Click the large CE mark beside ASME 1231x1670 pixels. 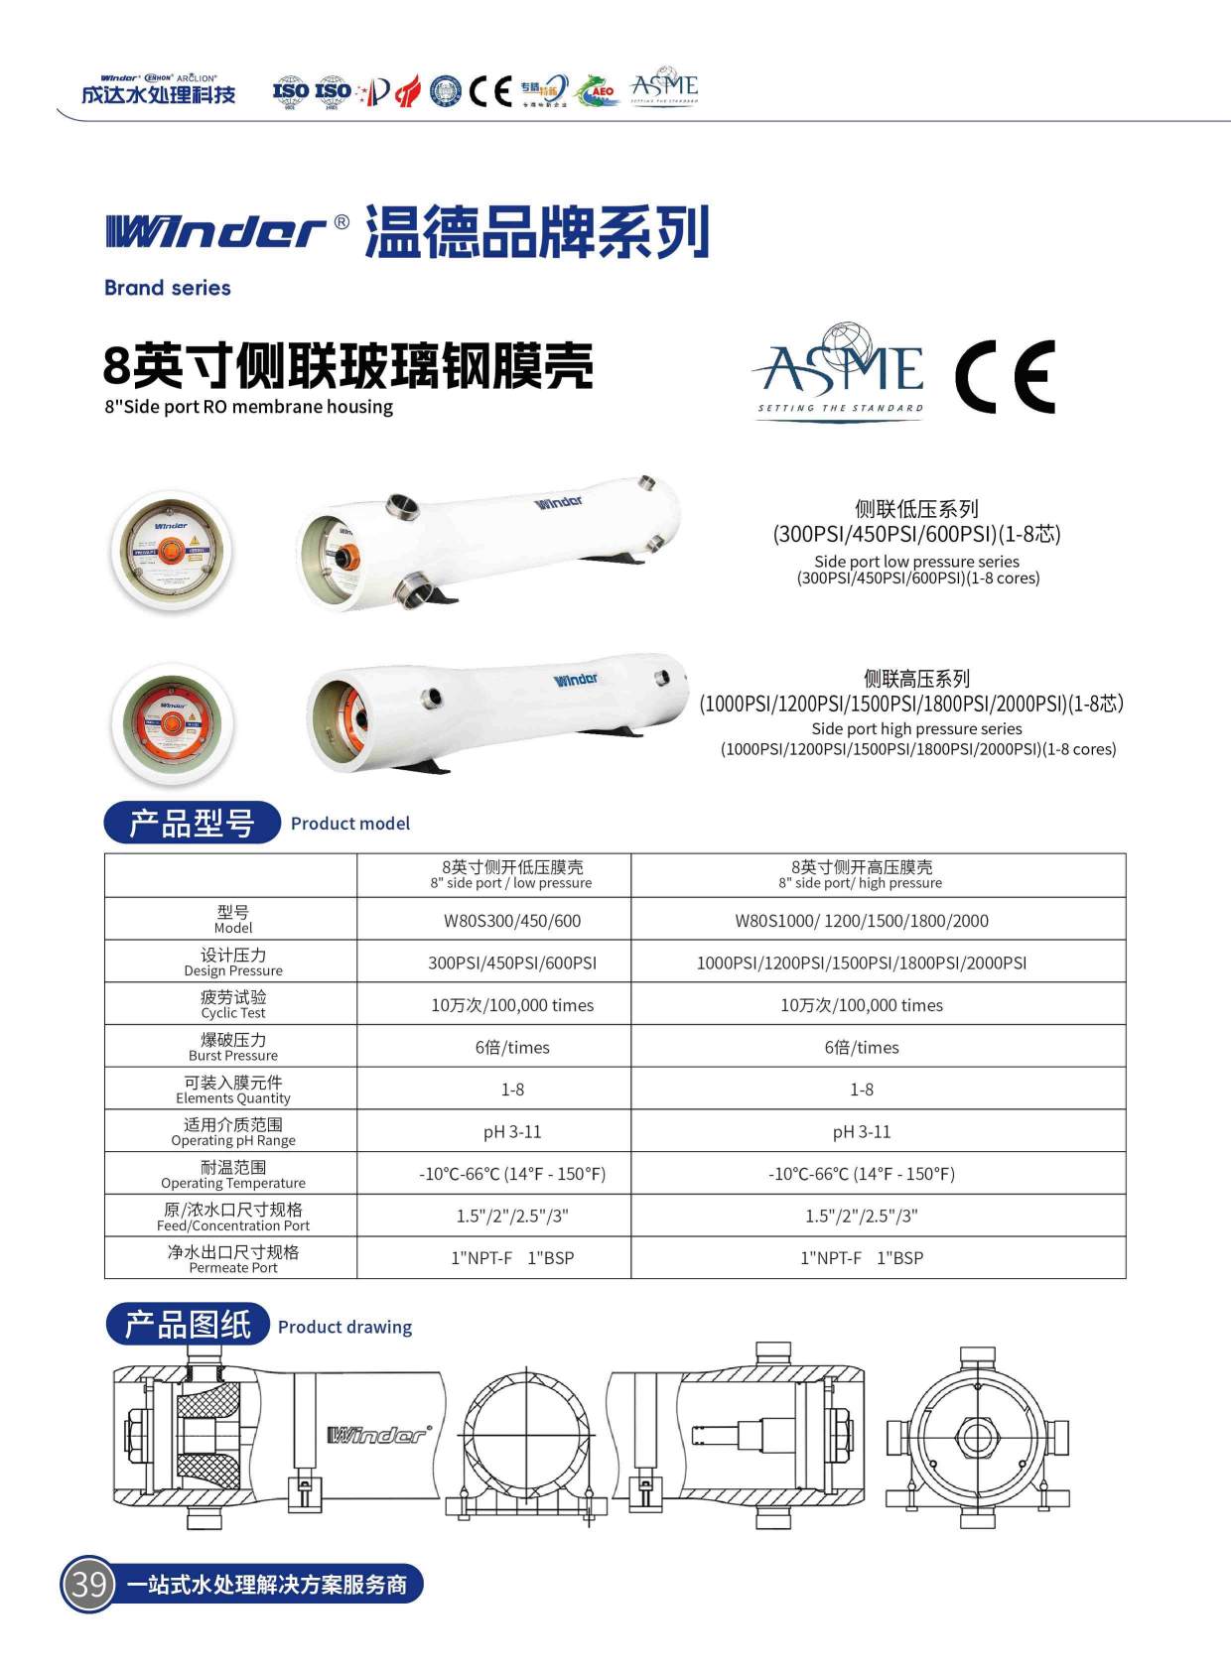coord(1005,376)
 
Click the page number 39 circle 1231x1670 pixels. coord(88,1584)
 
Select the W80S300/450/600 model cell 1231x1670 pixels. coord(512,921)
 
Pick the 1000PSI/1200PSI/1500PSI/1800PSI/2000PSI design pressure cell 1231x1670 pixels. coord(861,963)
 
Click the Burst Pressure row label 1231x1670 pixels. coord(232,1047)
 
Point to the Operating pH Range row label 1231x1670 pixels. coord(232,1131)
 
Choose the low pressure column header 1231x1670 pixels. coord(512,875)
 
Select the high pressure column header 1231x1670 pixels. coord(861,875)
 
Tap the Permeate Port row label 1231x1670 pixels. coord(232,1258)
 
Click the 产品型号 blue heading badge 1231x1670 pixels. coord(192,823)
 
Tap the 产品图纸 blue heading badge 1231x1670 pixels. coord(188,1325)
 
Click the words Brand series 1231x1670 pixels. coord(167,288)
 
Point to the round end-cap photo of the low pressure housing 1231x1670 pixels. coord(172,551)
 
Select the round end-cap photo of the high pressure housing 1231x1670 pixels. coord(173,722)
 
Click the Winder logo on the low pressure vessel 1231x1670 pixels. coord(559,502)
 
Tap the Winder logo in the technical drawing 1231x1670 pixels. coord(377,1435)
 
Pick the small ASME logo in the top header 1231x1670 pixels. coord(664,88)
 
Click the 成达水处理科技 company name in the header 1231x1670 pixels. coord(159,94)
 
